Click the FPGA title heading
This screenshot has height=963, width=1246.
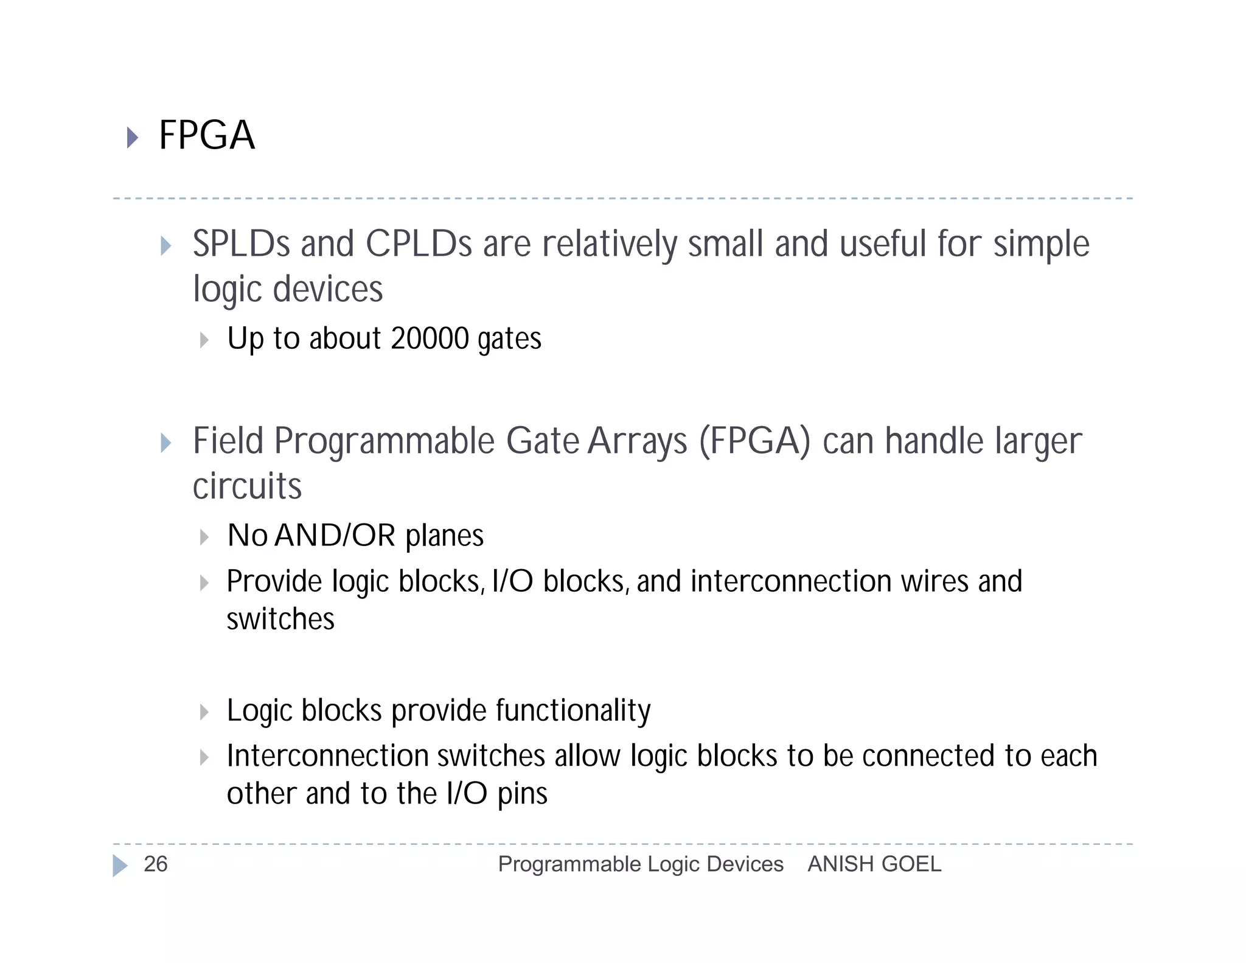(x=206, y=135)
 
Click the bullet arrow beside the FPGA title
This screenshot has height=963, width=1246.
(x=132, y=137)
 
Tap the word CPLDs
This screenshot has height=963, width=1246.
(x=419, y=244)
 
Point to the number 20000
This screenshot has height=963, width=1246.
(x=430, y=338)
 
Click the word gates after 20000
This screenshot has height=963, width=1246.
(x=509, y=340)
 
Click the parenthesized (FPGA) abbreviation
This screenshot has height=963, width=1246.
(x=754, y=441)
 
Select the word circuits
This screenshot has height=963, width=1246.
(x=247, y=486)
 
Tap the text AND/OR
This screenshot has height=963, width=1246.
(x=335, y=536)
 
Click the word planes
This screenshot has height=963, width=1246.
(x=444, y=537)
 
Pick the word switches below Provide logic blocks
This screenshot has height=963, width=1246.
(x=280, y=619)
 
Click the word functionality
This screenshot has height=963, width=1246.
(x=573, y=711)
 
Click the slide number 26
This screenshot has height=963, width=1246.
(x=155, y=864)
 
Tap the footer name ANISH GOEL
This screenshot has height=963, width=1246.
(x=874, y=864)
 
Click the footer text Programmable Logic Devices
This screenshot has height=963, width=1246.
(x=640, y=864)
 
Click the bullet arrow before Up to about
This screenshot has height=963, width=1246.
(x=204, y=340)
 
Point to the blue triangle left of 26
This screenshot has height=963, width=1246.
(x=120, y=865)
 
